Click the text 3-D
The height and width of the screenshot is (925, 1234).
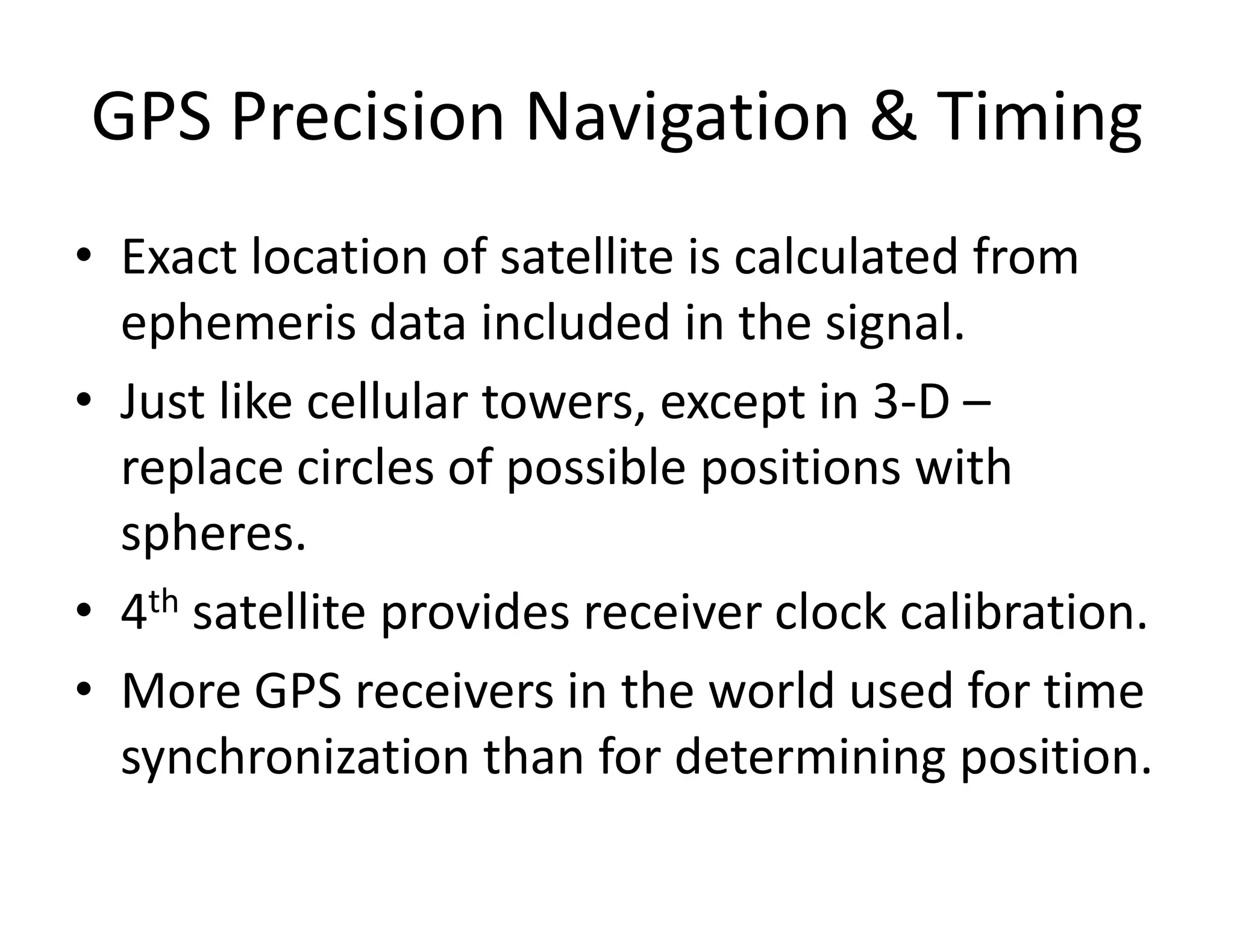910,402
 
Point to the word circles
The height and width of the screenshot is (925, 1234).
365,468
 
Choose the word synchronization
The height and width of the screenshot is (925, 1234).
295,757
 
